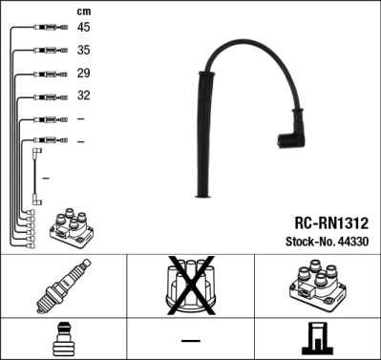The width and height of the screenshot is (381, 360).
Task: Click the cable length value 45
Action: (84, 27)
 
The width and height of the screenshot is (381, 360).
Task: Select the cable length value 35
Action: (84, 50)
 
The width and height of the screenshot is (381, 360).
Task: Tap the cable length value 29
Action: (84, 73)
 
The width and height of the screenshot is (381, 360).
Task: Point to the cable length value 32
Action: (84, 95)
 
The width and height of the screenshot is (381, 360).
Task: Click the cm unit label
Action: (83, 10)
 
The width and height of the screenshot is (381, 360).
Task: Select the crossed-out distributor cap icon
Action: (192, 287)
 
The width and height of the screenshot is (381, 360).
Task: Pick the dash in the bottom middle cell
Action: (192, 341)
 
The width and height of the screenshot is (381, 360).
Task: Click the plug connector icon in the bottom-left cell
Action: (64, 340)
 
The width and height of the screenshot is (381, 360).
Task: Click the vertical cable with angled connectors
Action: (36, 175)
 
